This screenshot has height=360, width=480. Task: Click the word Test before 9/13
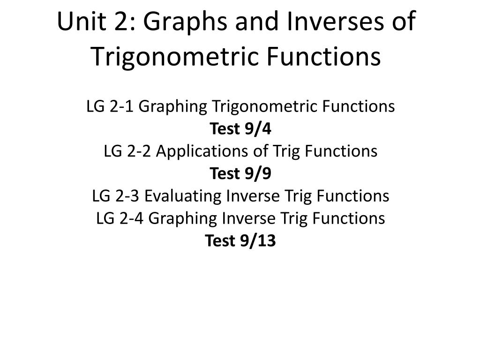pos(220,241)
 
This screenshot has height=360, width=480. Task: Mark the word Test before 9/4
pos(225,129)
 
